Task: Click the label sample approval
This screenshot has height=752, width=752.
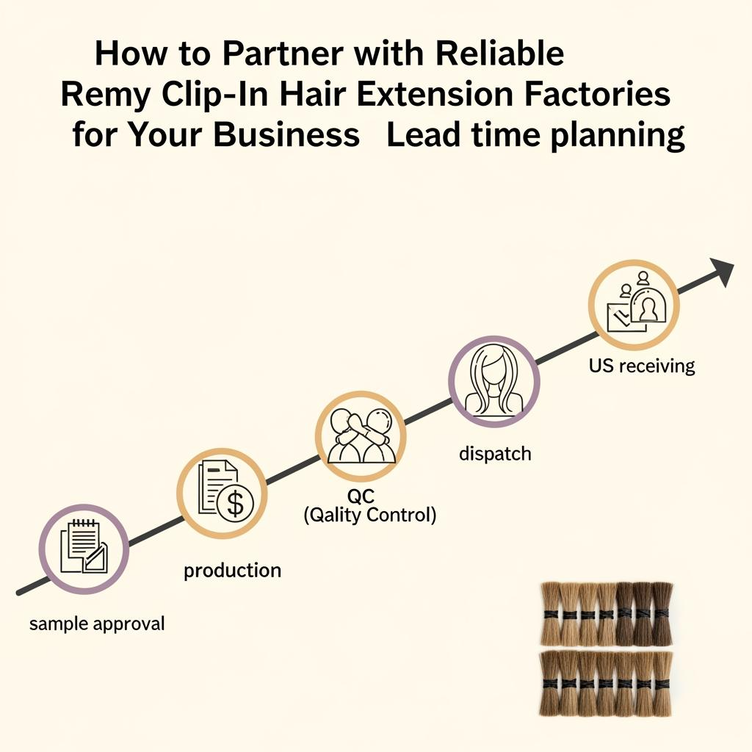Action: pyautogui.click(x=97, y=624)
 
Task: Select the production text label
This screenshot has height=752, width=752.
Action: pyautogui.click(x=232, y=570)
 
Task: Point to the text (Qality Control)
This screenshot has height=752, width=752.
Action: pyautogui.click(x=370, y=516)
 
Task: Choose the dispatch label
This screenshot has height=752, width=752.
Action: pyautogui.click(x=495, y=453)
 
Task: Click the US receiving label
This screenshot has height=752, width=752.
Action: pyautogui.click(x=642, y=365)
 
